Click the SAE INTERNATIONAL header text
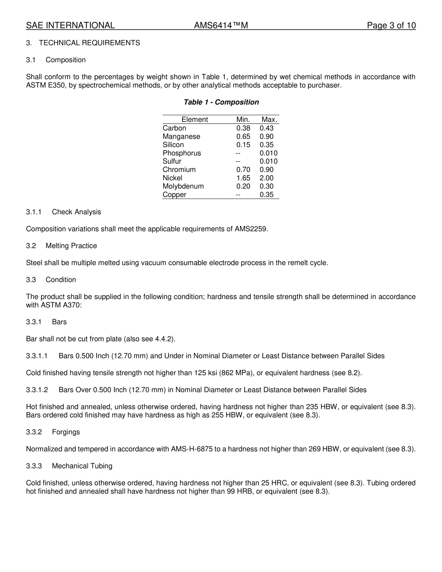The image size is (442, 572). coord(70,26)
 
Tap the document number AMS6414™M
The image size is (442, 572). coord(221,26)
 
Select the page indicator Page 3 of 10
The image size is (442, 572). coord(391,26)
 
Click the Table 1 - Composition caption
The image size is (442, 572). coord(221,102)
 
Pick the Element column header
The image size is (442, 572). coord(194,120)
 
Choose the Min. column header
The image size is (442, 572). coord(243,120)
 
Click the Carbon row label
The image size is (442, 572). coord(174,128)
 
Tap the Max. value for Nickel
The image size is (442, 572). coord(267,178)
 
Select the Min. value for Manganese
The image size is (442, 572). coord(243,137)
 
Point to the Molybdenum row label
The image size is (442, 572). coord(183,186)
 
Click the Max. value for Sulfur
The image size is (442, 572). coord(268,161)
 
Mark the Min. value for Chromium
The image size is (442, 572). coord(243,170)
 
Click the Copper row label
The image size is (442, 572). coord(174,195)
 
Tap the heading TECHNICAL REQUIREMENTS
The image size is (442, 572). coord(89,43)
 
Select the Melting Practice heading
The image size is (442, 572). coord(71,246)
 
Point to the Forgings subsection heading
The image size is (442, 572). coord(66,432)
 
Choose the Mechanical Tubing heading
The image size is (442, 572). coord(82,466)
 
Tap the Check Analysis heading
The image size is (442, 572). coord(76,212)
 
